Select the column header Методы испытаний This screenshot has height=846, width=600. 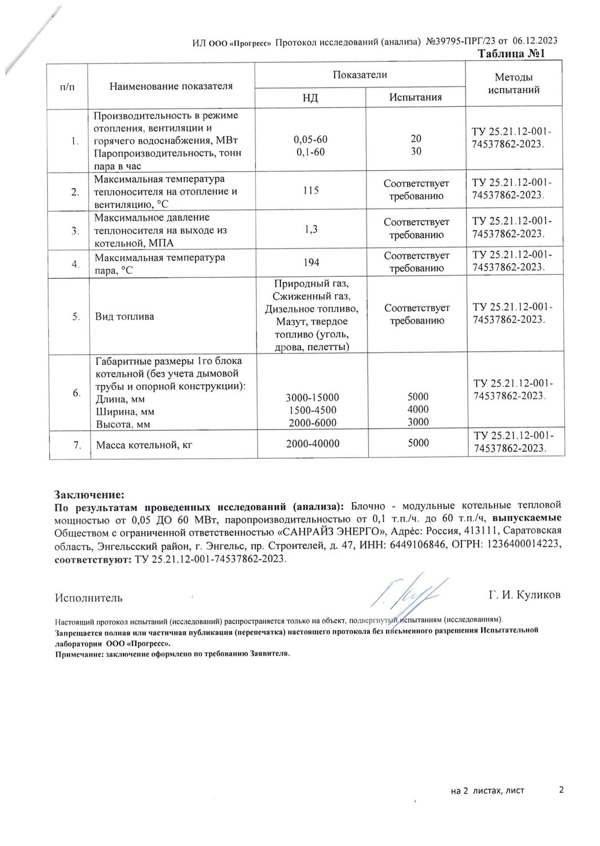(514, 84)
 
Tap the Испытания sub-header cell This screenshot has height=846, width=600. (416, 97)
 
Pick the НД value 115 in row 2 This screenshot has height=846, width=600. (311, 190)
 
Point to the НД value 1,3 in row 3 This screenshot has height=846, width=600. (311, 229)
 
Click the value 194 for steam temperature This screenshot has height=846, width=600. (311, 263)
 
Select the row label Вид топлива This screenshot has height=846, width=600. (124, 316)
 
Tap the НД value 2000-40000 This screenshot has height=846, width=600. (313, 443)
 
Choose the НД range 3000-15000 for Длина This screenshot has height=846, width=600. (312, 398)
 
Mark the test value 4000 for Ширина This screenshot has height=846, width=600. (418, 410)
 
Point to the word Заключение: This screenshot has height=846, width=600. (89, 494)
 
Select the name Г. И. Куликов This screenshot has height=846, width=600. (524, 595)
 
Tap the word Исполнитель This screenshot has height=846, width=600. (89, 598)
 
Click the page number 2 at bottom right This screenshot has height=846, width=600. (561, 790)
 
